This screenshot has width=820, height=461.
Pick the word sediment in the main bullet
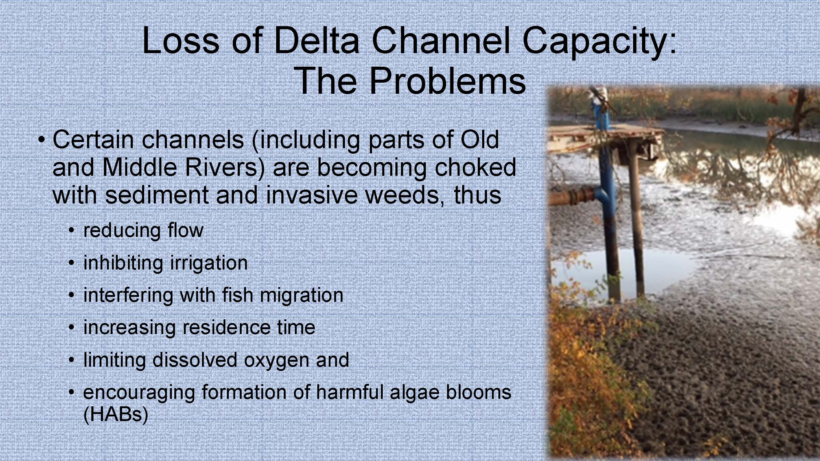click(x=156, y=195)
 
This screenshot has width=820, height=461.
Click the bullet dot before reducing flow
click(x=72, y=230)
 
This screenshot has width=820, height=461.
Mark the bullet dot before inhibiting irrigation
click(x=72, y=262)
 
